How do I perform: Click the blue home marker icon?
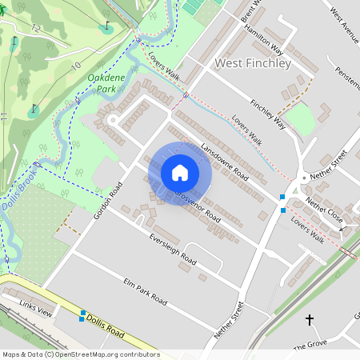pyautogui.click(x=180, y=172)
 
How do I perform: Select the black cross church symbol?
pyautogui.click(x=310, y=320)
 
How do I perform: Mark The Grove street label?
pyautogui.click(x=311, y=346)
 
